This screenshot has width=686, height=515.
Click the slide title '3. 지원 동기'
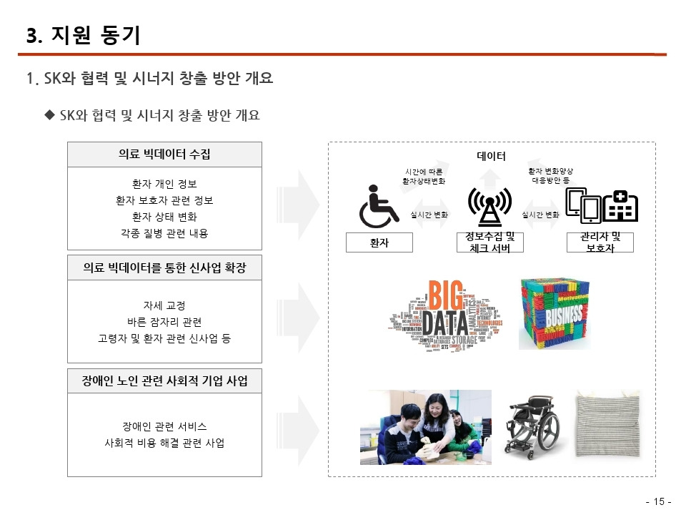coord(84,36)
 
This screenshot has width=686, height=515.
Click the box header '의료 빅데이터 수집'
coord(164,154)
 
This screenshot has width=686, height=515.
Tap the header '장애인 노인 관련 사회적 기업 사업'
coord(164,381)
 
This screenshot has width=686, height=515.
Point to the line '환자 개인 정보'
coord(164,184)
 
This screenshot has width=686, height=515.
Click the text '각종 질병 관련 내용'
coord(164,233)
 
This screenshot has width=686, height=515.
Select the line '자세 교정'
coord(164,305)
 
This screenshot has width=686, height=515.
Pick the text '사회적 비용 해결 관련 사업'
coord(164,443)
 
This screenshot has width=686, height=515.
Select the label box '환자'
coord(379,242)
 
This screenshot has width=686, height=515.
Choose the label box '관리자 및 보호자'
coord(600,242)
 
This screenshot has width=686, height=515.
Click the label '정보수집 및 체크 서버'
coord(489,242)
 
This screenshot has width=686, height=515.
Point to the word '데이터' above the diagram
coord(491,156)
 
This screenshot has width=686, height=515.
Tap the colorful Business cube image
coord(554,313)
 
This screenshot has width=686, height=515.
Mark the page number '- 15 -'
coord(658,501)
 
